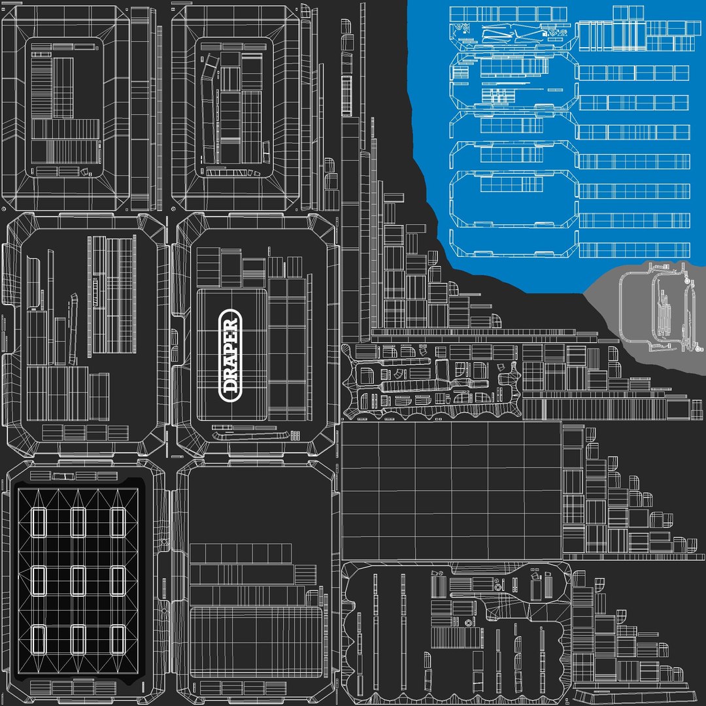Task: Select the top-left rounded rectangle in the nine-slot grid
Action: (x=39, y=522)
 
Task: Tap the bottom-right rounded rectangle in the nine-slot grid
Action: (x=118, y=639)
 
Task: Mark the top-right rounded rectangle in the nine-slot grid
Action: (x=118, y=522)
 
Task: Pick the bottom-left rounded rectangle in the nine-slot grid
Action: (x=39, y=639)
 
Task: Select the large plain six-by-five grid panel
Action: (x=451, y=490)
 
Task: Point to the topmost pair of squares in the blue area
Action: (x=628, y=13)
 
